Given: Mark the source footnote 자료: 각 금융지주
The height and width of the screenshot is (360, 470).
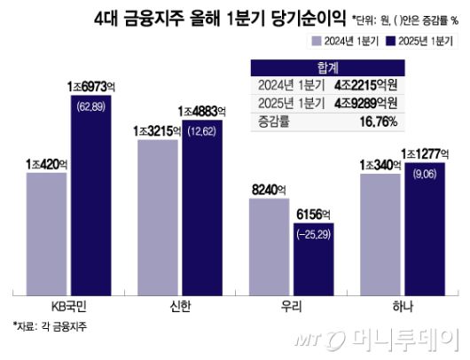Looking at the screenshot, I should click(x=51, y=325).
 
